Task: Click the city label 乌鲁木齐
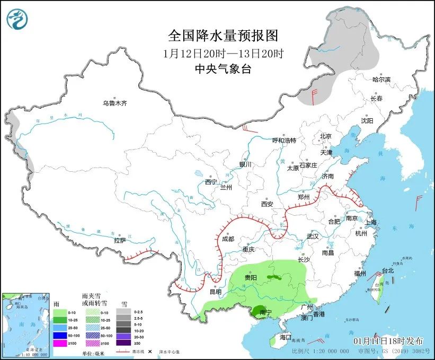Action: (x=115, y=103)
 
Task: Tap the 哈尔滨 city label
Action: (x=381, y=80)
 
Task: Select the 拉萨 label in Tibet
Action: (x=120, y=240)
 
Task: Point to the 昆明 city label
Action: (x=215, y=292)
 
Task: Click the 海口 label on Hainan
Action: (x=286, y=337)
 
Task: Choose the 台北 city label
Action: (x=388, y=270)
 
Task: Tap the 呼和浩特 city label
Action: (x=284, y=141)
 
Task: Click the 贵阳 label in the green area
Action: (x=251, y=277)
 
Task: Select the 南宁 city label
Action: (x=266, y=313)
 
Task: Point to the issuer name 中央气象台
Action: (x=223, y=68)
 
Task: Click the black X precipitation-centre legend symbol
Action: (x=150, y=352)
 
